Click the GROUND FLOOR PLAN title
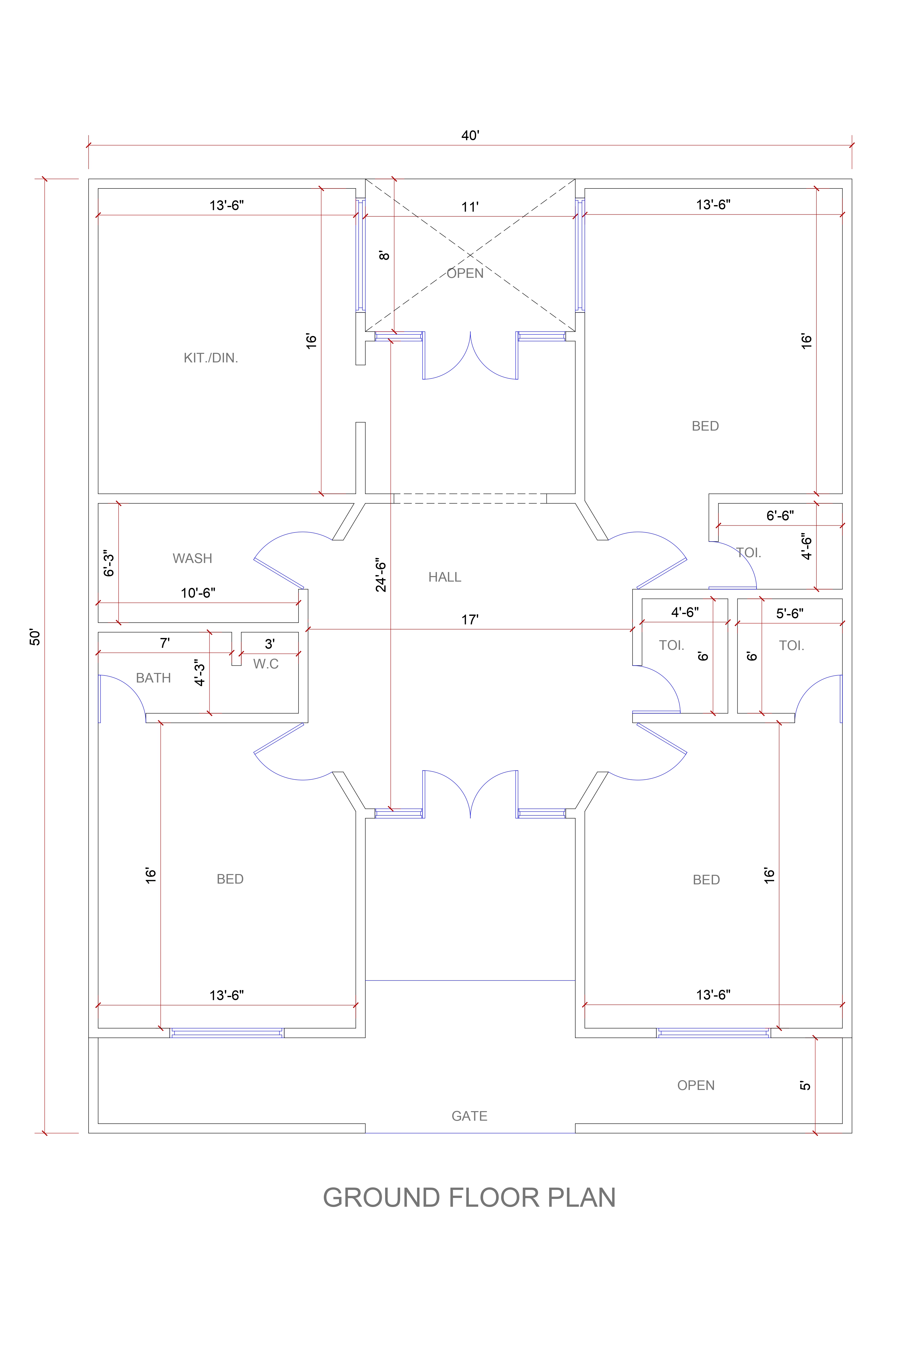click(x=469, y=1198)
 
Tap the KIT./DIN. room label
click(x=211, y=358)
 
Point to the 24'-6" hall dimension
click(x=381, y=575)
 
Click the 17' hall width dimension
click(x=470, y=620)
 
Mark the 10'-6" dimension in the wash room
click(x=198, y=593)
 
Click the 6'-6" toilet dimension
click(x=780, y=515)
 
